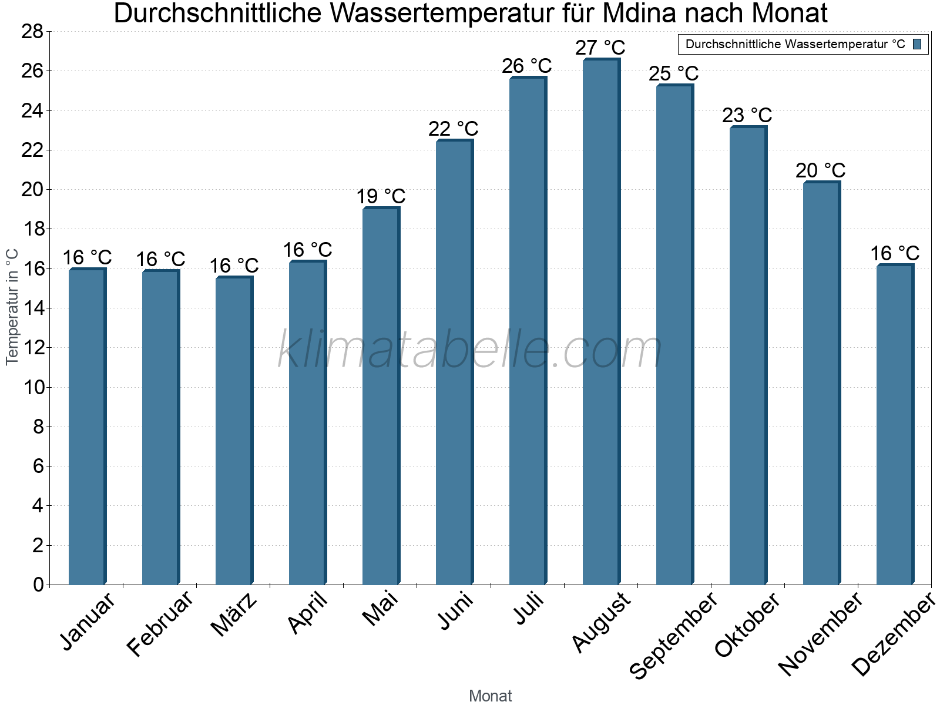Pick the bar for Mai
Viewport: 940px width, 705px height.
coord(381,397)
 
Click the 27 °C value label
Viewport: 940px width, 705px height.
coord(600,48)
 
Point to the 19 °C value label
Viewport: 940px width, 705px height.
coord(381,196)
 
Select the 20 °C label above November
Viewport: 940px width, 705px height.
coord(820,170)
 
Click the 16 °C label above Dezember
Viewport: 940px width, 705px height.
coord(894,253)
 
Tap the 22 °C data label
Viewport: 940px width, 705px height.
coord(453,129)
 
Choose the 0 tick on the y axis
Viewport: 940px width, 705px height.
coord(38,585)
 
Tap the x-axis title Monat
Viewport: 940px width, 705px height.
coord(490,696)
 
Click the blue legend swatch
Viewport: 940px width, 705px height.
coord(917,44)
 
